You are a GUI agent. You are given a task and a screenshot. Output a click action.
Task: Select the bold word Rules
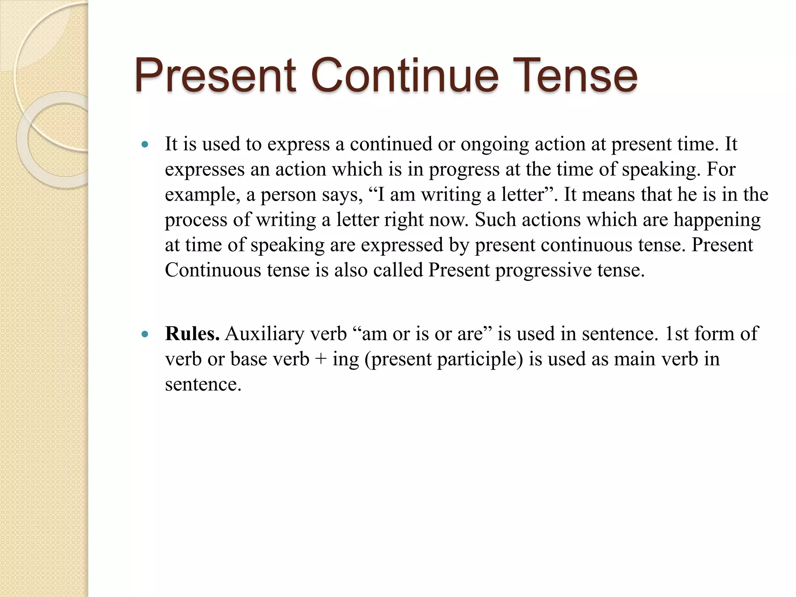[x=192, y=333]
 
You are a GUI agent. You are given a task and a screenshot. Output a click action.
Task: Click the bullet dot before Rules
[x=145, y=334]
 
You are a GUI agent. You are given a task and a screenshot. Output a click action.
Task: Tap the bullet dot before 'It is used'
[x=145, y=145]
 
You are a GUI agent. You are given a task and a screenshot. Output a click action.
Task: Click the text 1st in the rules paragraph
[x=676, y=333]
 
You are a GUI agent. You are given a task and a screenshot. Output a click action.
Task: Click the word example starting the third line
[x=202, y=195]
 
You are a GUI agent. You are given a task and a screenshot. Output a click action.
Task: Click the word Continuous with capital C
[x=213, y=270]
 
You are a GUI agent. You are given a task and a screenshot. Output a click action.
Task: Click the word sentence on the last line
[x=202, y=384]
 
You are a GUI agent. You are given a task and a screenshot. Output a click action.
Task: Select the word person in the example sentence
[x=288, y=195]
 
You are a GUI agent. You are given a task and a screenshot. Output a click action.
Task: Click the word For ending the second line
[x=721, y=169]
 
